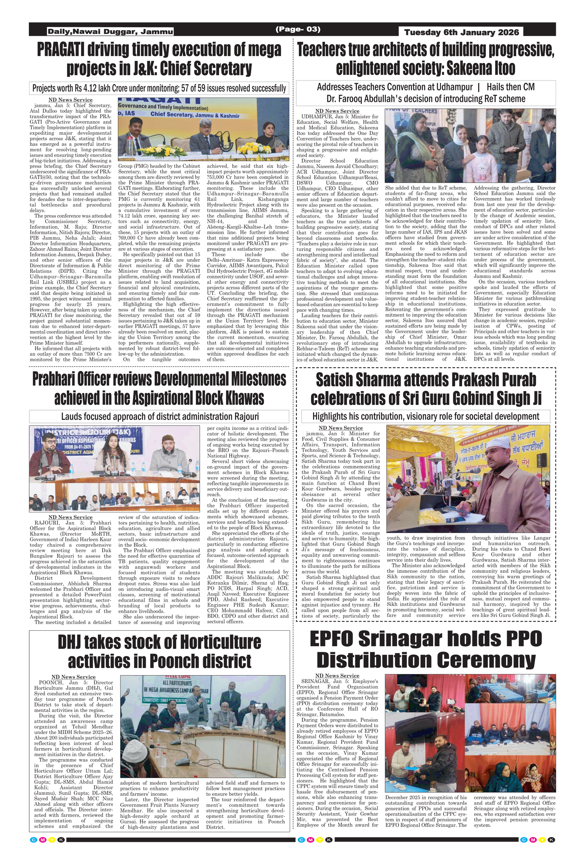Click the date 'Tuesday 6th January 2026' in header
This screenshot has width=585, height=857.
pos(461,32)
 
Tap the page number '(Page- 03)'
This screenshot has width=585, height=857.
pos(298,29)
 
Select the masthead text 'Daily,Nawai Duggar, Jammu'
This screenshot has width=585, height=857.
pos(110,32)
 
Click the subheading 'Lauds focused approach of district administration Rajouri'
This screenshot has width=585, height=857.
pos(160,416)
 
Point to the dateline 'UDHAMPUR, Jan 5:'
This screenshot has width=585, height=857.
pos(323,117)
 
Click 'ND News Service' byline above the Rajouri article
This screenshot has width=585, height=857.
pos(70,517)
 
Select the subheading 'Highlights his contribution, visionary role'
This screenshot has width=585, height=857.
pos(425,416)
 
